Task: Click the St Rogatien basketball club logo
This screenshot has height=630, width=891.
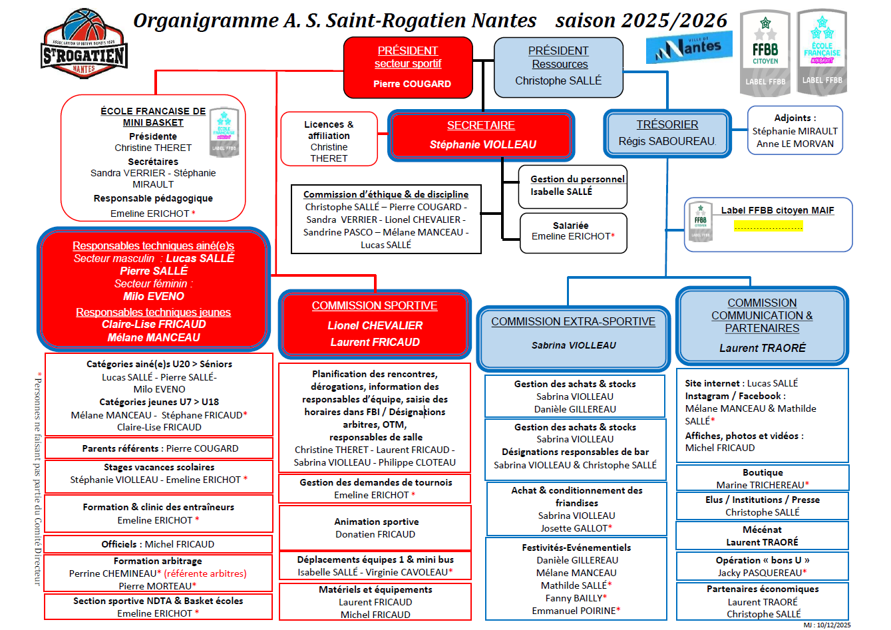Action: pos(84,44)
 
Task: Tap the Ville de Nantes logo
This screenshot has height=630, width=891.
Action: pos(689,47)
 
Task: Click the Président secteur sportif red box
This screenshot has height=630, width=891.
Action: pos(408,67)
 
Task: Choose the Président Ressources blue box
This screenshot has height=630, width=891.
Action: pos(558,67)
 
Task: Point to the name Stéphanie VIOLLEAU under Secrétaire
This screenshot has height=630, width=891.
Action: pos(482,144)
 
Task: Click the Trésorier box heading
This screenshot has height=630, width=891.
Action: pos(667,124)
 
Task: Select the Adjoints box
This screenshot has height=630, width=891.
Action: pos(795,130)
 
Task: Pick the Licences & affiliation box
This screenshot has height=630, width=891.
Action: pos(329,139)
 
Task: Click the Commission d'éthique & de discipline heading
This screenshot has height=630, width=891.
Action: pos(386,194)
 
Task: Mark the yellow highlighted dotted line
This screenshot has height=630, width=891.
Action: pos(769,226)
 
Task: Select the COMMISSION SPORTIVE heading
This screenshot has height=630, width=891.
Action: pos(375,305)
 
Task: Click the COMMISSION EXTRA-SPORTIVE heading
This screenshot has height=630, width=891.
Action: pos(573,321)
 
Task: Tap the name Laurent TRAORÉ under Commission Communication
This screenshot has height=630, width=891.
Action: pos(762,348)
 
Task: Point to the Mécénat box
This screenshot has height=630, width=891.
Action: pos(762,536)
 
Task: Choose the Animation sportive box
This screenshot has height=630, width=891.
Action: pos(375,528)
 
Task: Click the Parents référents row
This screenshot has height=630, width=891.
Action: pos(159,448)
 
